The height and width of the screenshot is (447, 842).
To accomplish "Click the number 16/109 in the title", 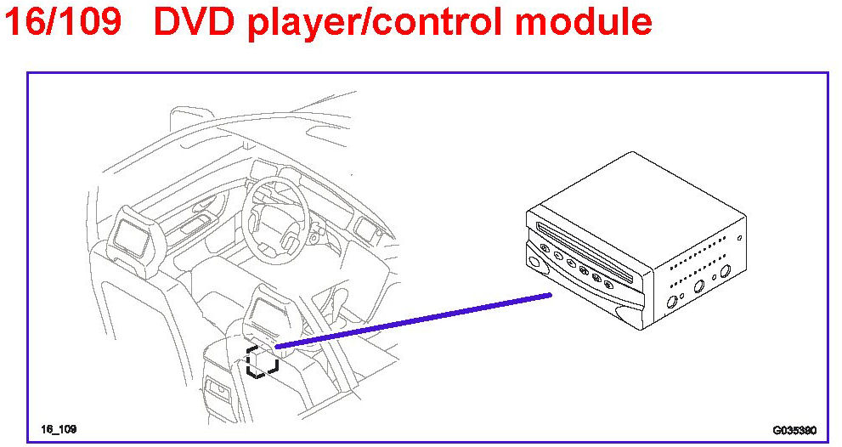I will coord(64,23).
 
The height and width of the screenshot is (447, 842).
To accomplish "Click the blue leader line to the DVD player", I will coord(416,321).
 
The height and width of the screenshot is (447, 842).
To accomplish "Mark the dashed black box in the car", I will coord(262,361).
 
